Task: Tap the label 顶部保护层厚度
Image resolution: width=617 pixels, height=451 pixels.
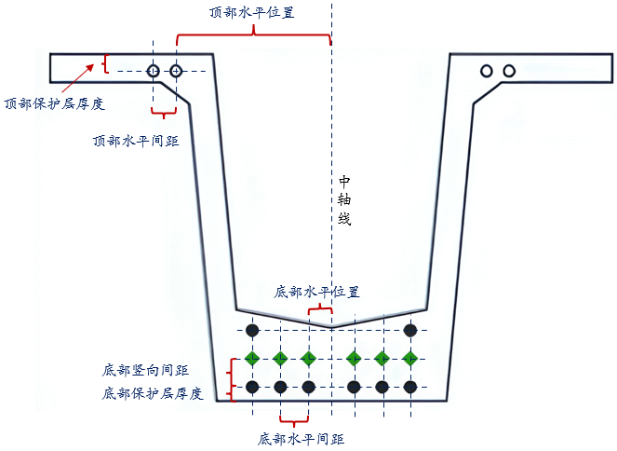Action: click(54, 103)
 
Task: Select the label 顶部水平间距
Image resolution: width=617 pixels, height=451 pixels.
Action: click(137, 141)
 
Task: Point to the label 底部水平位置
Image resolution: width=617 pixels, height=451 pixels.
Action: click(316, 292)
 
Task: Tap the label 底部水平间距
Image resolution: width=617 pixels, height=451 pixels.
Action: click(294, 437)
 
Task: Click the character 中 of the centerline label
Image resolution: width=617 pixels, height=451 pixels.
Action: click(344, 181)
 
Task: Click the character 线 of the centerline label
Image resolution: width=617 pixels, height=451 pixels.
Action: click(344, 219)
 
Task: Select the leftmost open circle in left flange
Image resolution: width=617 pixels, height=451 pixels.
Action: click(154, 71)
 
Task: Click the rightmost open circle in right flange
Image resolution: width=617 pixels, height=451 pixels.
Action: click(509, 71)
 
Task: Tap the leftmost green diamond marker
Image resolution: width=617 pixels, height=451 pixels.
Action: click(251, 358)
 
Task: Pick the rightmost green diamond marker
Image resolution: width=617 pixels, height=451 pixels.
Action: click(409, 358)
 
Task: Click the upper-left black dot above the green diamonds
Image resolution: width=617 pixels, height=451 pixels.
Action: click(251, 330)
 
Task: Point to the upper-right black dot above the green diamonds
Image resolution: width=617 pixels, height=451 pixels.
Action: click(409, 330)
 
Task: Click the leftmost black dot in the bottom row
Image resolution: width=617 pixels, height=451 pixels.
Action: click(251, 386)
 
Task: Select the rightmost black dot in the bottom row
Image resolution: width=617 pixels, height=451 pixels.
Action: click(409, 386)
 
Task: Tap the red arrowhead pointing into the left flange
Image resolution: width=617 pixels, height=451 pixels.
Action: click(91, 65)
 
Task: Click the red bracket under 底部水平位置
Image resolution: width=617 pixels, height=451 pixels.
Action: click(320, 307)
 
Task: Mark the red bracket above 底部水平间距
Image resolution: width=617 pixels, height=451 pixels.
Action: click(294, 417)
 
